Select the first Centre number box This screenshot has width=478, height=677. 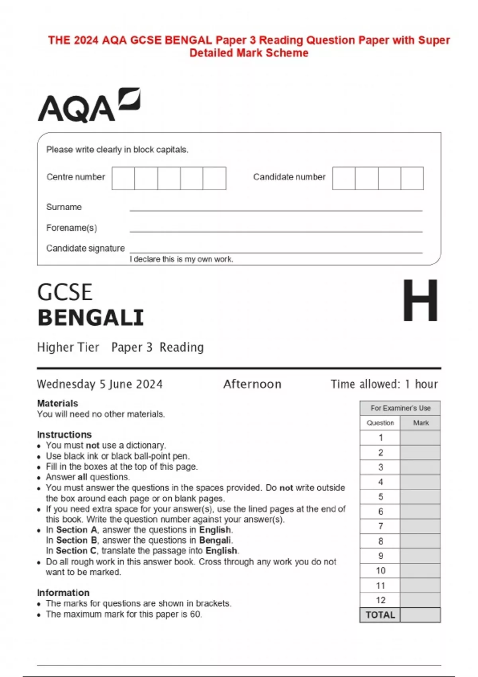pyautogui.click(x=123, y=178)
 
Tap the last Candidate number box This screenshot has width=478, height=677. pyautogui.click(x=412, y=178)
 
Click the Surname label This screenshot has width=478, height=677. pyautogui.click(x=64, y=207)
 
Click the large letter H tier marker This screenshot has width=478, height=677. pyautogui.click(x=420, y=301)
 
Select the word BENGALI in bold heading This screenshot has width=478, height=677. pyautogui.click(x=90, y=318)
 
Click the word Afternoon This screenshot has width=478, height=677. pyautogui.click(x=252, y=384)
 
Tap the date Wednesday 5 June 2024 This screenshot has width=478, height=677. pyautogui.click(x=100, y=384)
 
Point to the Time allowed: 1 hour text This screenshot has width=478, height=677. pyautogui.click(x=384, y=384)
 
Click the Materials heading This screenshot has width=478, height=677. pyautogui.click(x=57, y=403)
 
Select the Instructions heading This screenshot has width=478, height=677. pyautogui.click(x=64, y=434)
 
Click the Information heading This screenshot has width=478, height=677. pyautogui.click(x=63, y=593)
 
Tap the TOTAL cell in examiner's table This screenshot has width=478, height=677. pyautogui.click(x=380, y=615)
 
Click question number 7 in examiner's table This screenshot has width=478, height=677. pyautogui.click(x=380, y=526)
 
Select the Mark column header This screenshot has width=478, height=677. pyautogui.click(x=421, y=423)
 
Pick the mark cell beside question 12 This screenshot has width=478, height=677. pyautogui.click(x=420, y=600)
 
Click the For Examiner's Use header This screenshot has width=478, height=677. pyautogui.click(x=400, y=408)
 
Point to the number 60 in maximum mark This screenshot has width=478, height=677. pyautogui.click(x=195, y=614)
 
